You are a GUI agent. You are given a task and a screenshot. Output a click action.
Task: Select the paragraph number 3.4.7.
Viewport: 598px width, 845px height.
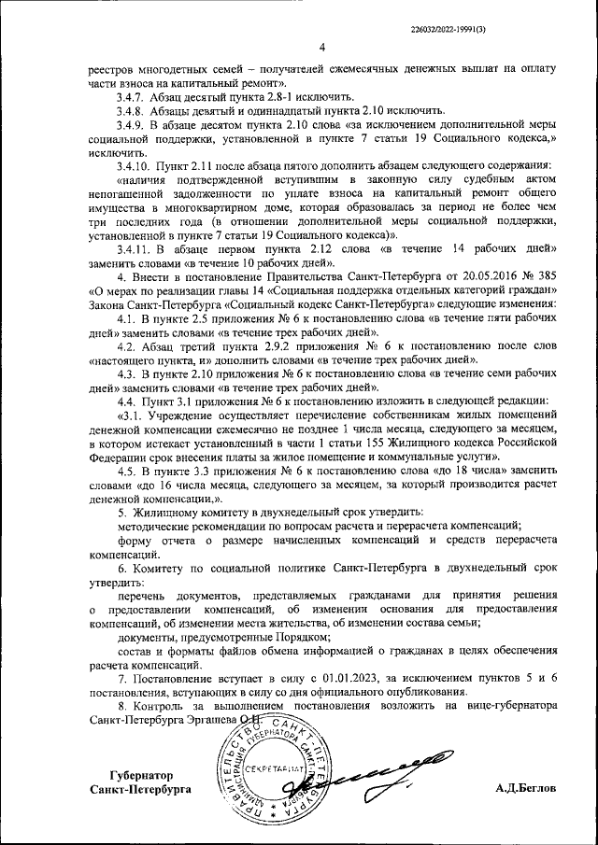(125, 97)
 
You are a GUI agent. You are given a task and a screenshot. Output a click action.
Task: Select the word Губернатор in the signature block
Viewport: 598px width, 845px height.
(142, 775)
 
